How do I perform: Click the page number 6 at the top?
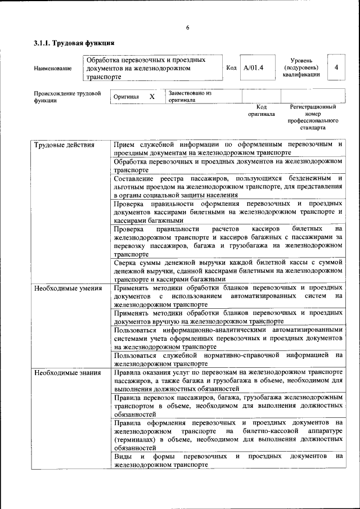tap(187, 28)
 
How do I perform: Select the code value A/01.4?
tap(254, 67)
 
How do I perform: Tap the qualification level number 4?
tap(336, 67)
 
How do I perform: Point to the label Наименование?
tap(52, 69)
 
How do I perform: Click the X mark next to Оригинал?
tap(152, 97)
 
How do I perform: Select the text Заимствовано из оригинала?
tap(190, 97)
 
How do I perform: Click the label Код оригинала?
tap(262, 110)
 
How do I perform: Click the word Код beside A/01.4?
tap(231, 68)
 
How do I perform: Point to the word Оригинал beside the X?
tap(126, 97)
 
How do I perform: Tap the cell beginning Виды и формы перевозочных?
tap(228, 461)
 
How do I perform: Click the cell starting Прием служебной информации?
tap(228, 148)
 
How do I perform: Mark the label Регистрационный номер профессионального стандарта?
tap(313, 117)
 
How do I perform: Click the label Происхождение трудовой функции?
tap(67, 97)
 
